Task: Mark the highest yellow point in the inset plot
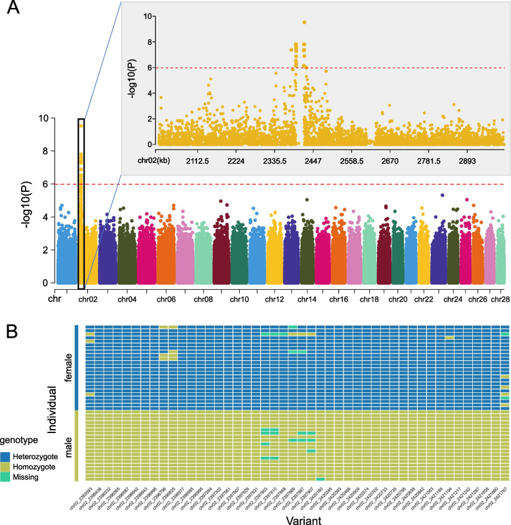tap(305, 22)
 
